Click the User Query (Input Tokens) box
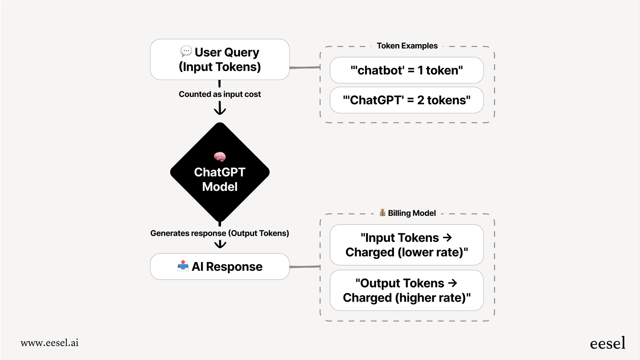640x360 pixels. (x=220, y=59)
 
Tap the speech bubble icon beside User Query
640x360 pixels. (x=186, y=51)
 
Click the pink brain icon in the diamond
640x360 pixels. (x=220, y=157)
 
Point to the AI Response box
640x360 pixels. (x=220, y=267)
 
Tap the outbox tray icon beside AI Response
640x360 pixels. (x=183, y=266)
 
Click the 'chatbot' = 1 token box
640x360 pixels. (x=406, y=70)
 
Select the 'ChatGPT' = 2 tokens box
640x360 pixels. (x=406, y=100)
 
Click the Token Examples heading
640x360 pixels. (x=407, y=46)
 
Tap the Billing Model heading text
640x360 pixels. (x=411, y=213)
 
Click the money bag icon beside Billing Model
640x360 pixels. (x=382, y=213)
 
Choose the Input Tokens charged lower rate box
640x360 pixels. (x=406, y=245)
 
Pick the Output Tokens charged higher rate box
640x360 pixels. (x=406, y=290)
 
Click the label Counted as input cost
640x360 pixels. (x=220, y=94)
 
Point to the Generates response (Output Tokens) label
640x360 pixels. (x=220, y=233)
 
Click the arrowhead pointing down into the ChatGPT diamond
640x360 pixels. (x=220, y=110)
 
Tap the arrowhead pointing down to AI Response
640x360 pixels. (x=220, y=245)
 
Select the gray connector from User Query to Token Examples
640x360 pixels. (x=305, y=67)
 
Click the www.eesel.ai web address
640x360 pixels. (x=50, y=343)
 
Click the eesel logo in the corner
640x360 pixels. (x=607, y=343)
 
